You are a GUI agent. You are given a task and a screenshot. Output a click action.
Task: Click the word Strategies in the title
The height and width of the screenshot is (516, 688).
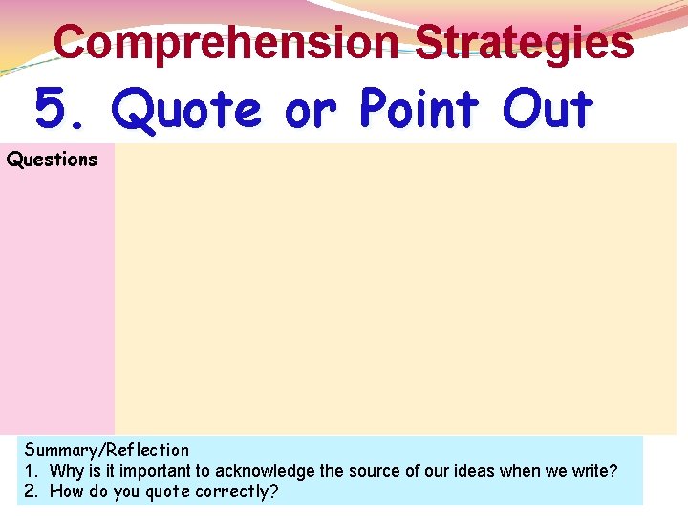point(525,43)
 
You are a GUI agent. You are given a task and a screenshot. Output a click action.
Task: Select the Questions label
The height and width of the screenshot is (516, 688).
point(52,160)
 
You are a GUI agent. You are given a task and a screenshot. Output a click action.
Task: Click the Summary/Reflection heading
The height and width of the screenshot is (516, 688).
point(107,449)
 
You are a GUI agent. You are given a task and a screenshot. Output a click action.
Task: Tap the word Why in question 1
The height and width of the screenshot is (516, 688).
point(67,470)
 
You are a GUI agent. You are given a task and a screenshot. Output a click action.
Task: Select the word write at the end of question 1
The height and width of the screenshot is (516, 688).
point(594,470)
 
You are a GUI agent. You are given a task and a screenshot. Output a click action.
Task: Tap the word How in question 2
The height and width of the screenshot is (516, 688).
point(67,491)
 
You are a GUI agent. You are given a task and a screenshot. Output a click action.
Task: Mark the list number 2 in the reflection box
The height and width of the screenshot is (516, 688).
point(31,491)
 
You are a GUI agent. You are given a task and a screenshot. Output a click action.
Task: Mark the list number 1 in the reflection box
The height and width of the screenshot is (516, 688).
point(31,470)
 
